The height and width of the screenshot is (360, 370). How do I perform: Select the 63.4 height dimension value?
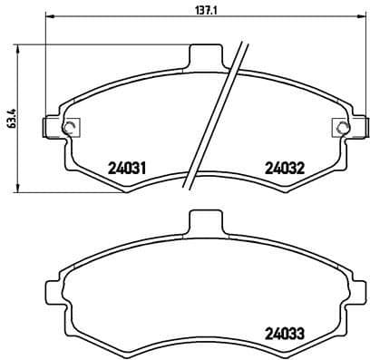pyautogui.click(x=11, y=118)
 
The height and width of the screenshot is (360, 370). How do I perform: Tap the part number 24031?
pyautogui.click(x=128, y=167)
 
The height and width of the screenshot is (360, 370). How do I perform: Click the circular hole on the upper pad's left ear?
pyautogui.click(x=63, y=126)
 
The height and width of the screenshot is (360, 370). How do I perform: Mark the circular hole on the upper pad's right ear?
pyautogui.click(x=342, y=126)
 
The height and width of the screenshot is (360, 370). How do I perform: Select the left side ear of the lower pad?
pyautogui.click(x=52, y=292)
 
